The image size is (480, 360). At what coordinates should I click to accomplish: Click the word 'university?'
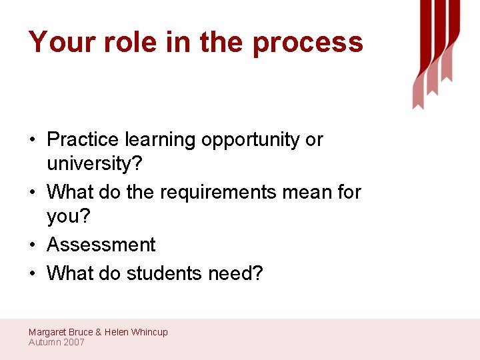(x=91, y=163)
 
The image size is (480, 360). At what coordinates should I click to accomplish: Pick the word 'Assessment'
(x=101, y=245)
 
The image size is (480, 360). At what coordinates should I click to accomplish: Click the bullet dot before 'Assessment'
(x=33, y=245)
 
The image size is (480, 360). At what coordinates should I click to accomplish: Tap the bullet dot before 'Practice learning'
(x=33, y=140)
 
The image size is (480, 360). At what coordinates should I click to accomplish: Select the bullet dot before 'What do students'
(x=33, y=273)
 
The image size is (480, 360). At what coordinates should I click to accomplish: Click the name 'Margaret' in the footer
(x=48, y=332)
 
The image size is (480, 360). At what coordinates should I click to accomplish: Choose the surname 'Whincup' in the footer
(x=149, y=332)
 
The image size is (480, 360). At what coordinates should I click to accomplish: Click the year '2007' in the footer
(x=74, y=342)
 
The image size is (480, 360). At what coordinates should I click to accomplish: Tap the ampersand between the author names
(x=99, y=332)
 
